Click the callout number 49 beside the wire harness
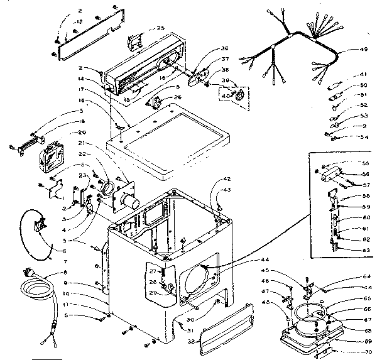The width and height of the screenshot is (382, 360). (x=364, y=50)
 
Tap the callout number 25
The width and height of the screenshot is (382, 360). (x=160, y=28)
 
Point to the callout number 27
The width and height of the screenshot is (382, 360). (x=151, y=270)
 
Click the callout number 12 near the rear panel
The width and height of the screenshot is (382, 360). (x=79, y=22)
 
